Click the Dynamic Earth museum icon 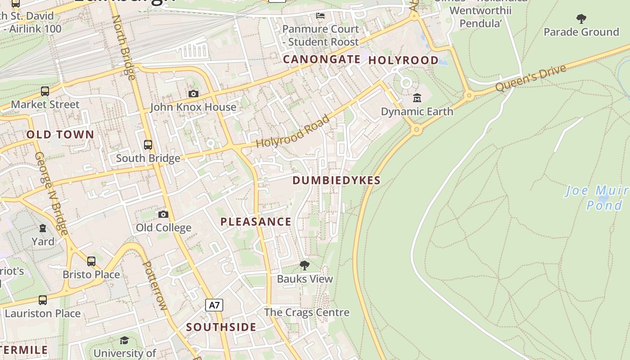click(417, 98)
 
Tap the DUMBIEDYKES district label click(337, 180)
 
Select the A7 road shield click(214, 305)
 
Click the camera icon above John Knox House click(193, 94)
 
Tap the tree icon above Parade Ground click(581, 19)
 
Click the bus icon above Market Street click(45, 91)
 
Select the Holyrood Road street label click(293, 131)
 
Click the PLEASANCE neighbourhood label click(256, 221)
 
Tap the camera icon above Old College click(163, 214)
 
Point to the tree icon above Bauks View click(305, 265)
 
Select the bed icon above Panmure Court click(320, 16)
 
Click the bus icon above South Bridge click(148, 145)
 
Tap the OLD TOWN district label click(60, 135)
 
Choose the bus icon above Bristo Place click(91, 261)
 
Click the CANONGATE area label click(322, 59)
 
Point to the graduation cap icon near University click(125, 340)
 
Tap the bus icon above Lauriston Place click(43, 300)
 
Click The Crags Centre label click(306, 312)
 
